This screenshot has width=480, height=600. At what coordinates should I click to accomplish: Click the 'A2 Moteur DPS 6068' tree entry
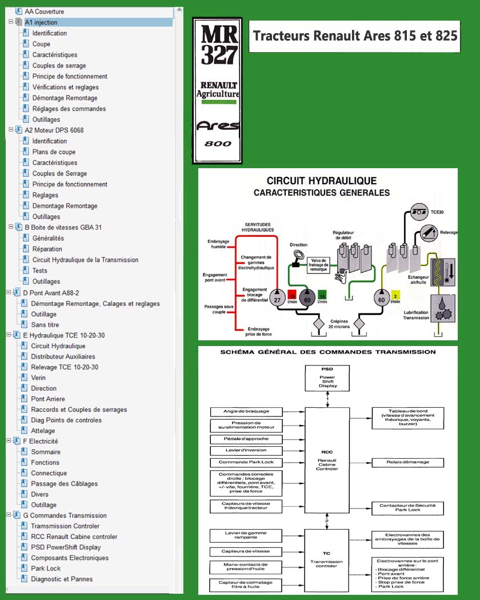coord(54,130)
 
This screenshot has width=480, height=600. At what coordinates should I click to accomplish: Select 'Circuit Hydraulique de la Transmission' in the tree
coord(85,260)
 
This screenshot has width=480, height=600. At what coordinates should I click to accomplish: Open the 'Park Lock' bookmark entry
coord(46,568)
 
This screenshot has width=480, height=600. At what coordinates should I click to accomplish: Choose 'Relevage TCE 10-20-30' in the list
coord(65,367)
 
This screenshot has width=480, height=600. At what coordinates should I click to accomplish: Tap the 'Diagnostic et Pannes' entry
coord(62,579)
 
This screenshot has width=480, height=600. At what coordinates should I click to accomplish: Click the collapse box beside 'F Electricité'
coord(9,441)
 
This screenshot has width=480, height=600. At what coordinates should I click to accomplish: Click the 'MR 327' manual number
coord(219,45)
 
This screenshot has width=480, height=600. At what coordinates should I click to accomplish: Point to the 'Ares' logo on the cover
coord(218,125)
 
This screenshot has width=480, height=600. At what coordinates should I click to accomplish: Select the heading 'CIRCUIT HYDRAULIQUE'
coord(322,181)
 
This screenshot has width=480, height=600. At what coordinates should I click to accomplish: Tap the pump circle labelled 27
coord(278,300)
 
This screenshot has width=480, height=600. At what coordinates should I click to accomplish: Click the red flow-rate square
coord(292,295)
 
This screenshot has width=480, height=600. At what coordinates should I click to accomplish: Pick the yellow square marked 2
coord(395,295)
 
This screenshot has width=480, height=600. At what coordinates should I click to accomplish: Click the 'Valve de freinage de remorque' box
coord(318,265)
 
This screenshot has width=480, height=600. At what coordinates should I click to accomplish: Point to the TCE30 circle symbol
coord(419,212)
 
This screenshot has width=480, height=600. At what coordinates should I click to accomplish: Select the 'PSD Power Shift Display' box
coord(327,378)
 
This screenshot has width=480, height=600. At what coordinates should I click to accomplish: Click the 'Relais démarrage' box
coord(408,462)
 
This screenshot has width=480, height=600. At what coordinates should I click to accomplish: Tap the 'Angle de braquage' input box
coord(246,411)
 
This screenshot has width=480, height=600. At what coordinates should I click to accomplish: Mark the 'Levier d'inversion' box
coord(246,450)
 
